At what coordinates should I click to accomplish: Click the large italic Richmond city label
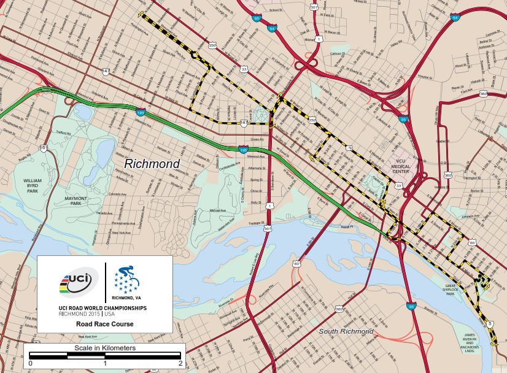(152, 164)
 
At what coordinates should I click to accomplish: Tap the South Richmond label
(346, 331)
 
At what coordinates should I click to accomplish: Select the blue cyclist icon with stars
(127, 279)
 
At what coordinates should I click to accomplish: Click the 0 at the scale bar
(30, 363)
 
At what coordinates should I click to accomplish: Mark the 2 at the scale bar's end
(180, 363)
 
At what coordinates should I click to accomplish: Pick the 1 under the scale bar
(105, 363)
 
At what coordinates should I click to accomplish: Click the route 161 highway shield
(44, 148)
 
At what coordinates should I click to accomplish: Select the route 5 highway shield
(489, 323)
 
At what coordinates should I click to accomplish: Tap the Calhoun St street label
(337, 53)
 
